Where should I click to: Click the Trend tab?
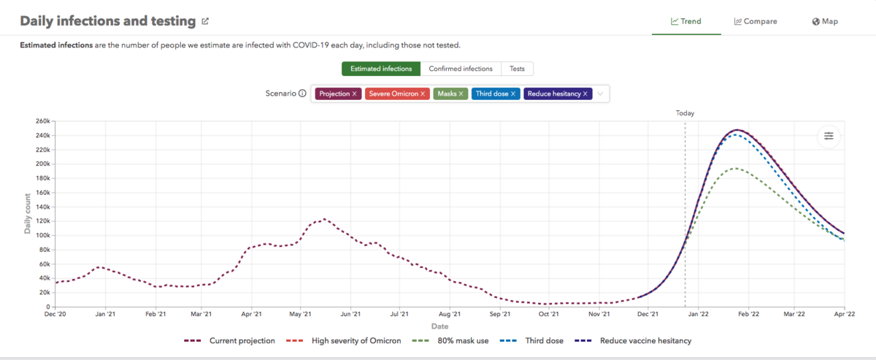[x=686, y=21]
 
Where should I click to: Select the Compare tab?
[x=756, y=21]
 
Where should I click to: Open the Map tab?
[x=824, y=21]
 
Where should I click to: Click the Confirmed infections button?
[x=461, y=69]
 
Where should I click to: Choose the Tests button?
[x=517, y=69]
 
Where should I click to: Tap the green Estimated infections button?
[x=381, y=69]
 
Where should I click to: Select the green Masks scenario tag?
[x=450, y=93]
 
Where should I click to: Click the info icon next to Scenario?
[x=302, y=93]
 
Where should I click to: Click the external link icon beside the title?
[x=205, y=21]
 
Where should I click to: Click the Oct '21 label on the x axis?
[x=548, y=315]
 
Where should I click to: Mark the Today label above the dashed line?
[x=685, y=113]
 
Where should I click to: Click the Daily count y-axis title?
[x=28, y=213]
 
